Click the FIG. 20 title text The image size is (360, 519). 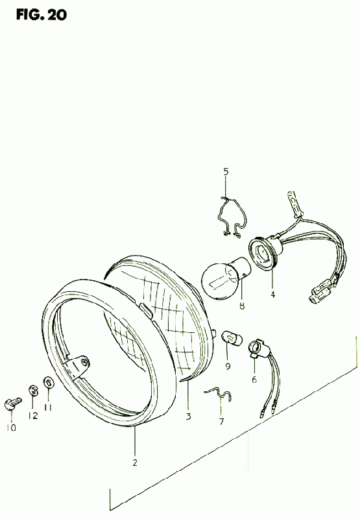coord(42,15)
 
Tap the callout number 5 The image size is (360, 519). coord(226,171)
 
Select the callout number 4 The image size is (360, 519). coord(272,295)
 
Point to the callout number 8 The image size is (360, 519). coord(242,306)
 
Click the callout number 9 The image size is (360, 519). coord(228,367)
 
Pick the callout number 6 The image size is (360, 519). coord(254,380)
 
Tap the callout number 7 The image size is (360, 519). coord(221,421)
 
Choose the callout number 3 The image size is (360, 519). coord(188,416)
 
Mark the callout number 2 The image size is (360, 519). coord(135,463)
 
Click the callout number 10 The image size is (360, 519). coord(11,428)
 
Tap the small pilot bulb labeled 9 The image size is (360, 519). coord(232,337)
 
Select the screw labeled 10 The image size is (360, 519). coord(12,403)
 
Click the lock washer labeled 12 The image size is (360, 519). coord(32,391)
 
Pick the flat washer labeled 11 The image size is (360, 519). coord(48,383)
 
